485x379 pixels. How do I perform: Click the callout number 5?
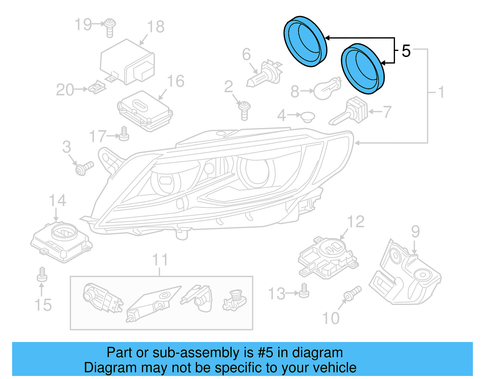point(406,51)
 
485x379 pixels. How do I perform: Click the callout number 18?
point(156,27)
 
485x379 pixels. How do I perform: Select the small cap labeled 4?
point(307,117)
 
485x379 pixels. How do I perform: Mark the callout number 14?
point(57,201)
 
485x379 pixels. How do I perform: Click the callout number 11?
point(160,260)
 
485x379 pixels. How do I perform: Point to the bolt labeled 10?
point(352,293)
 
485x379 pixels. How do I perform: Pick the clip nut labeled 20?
point(97,88)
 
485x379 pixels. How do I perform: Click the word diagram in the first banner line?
point(317,353)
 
